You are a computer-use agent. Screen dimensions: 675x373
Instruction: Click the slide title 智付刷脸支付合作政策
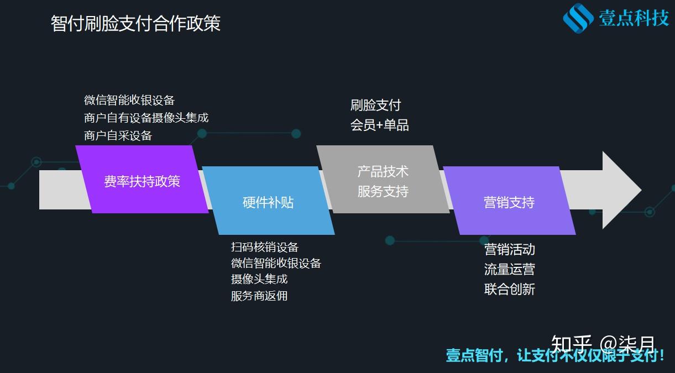coord(135,24)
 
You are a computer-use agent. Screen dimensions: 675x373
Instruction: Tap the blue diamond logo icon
coord(578,18)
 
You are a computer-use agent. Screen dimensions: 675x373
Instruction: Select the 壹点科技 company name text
coord(634,18)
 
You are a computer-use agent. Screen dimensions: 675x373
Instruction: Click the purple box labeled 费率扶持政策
coord(142,179)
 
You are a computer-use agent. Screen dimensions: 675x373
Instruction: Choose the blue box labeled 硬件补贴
coord(268,201)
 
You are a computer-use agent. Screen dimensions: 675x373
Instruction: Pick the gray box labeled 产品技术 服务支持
coord(383,179)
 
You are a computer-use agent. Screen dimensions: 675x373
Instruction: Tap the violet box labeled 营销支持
coord(509,201)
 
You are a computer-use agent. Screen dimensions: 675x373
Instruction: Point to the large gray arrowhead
coord(621,190)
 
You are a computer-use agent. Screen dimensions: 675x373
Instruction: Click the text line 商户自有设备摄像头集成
coord(146,118)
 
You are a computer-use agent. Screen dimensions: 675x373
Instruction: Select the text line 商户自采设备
coord(118,135)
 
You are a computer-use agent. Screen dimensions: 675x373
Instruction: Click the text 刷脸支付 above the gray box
coord(375,106)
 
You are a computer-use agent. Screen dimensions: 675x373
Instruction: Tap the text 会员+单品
coord(379,125)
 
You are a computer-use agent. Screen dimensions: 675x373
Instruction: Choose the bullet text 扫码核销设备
coord(265,247)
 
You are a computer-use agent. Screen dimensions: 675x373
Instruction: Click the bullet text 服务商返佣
coord(259,296)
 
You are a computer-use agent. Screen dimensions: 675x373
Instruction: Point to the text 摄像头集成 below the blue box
coord(259,279)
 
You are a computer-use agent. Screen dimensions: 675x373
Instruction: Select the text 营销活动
coord(510,250)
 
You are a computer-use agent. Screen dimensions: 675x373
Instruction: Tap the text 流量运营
coord(510,269)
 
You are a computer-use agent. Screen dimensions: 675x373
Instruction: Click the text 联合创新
coord(510,289)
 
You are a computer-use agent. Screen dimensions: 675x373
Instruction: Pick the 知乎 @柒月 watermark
coord(603,344)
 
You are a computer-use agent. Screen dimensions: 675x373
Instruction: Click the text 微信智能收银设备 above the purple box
coord(129,101)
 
